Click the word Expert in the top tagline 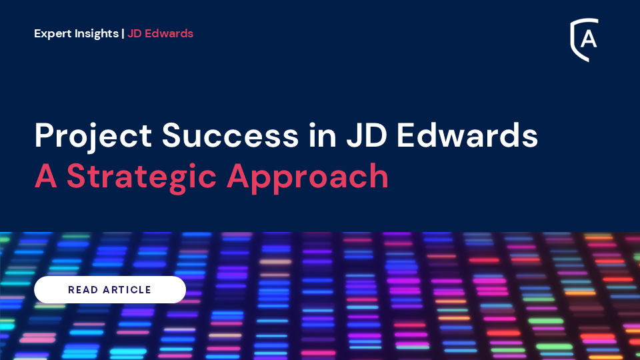[x=53, y=33]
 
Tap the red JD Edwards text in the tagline [x=161, y=33]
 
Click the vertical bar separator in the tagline [x=123, y=33]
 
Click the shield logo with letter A [x=584, y=39]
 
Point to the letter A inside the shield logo [x=589, y=39]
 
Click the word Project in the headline [x=93, y=136]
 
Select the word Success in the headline [x=230, y=135]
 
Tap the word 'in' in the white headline [x=323, y=135]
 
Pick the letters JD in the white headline [x=367, y=135]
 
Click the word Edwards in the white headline [x=467, y=135]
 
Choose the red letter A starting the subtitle [x=46, y=176]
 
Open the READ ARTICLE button [x=110, y=289]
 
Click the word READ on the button [x=83, y=290]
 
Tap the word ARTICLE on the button [x=127, y=290]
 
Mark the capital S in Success [x=173, y=135]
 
